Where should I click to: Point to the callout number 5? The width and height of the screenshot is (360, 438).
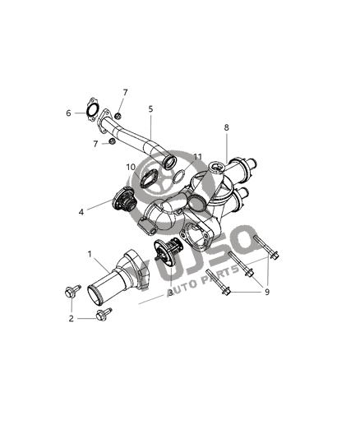point(151,108)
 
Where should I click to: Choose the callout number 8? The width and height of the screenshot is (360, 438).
point(227,127)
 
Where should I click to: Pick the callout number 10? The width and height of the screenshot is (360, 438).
point(131,168)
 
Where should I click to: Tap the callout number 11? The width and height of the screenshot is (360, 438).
point(197,156)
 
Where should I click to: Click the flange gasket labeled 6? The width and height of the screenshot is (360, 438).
point(92,110)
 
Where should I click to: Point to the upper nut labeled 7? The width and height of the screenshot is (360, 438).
point(118,116)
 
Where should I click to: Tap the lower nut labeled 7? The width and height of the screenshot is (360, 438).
point(112,145)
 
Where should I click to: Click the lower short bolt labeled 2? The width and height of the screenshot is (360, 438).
point(104,314)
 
